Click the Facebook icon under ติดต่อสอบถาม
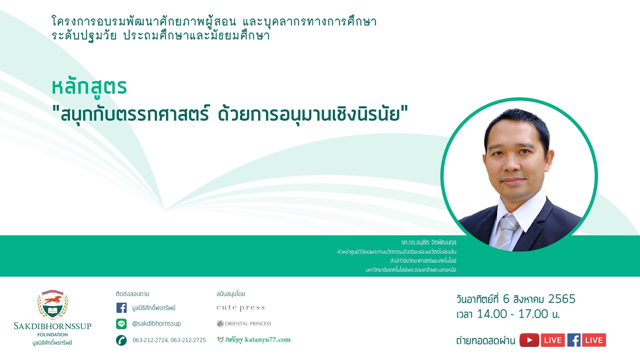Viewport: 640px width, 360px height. (x=121, y=308)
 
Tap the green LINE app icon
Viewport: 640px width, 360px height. (x=121, y=324)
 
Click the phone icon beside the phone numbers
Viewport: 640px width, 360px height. (x=121, y=340)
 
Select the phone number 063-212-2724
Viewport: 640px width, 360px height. (x=150, y=340)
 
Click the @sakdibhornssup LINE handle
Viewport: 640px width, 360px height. (x=157, y=324)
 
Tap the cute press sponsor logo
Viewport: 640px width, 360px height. (x=241, y=307)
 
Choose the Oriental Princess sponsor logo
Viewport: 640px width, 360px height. (x=244, y=324)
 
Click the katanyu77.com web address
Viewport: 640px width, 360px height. (x=268, y=340)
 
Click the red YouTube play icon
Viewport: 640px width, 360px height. (x=529, y=340)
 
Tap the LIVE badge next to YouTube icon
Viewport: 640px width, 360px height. (x=553, y=340)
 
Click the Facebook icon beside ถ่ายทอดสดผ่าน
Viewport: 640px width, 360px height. (x=574, y=340)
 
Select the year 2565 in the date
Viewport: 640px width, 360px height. (x=562, y=299)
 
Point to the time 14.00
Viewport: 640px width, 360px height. (x=492, y=314)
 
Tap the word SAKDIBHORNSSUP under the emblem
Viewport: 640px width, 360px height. (x=53, y=326)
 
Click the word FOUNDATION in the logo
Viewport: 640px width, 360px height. (x=53, y=335)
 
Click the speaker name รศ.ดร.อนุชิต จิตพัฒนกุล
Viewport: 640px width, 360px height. (x=429, y=242)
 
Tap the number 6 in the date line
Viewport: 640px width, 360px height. (x=506, y=299)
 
